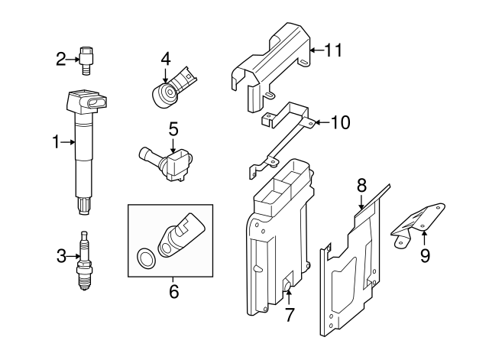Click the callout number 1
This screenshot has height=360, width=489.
[x=55, y=141]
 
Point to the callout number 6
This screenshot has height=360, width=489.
[x=173, y=291]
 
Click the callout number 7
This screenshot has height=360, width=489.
[x=289, y=314]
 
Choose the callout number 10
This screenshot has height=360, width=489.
[x=340, y=122]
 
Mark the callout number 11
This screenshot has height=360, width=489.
[x=333, y=50]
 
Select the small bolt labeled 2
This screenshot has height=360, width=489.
[x=86, y=59]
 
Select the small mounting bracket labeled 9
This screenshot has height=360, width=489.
[x=419, y=221]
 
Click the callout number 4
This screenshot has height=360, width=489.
[x=166, y=58]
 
